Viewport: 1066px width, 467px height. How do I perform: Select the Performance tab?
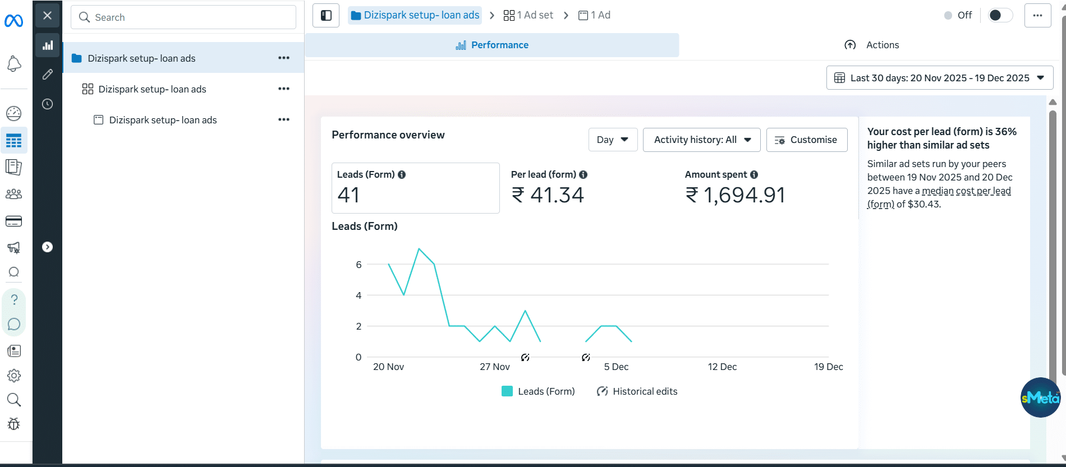(x=492, y=45)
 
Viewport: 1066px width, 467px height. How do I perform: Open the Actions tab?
(x=872, y=45)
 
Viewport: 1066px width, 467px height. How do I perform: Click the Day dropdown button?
(x=613, y=140)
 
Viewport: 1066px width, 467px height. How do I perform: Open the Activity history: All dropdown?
(x=701, y=140)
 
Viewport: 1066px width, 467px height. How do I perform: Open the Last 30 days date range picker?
(x=940, y=78)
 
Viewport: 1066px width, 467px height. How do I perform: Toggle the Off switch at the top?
(x=1000, y=15)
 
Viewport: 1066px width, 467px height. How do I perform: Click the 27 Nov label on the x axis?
(x=495, y=367)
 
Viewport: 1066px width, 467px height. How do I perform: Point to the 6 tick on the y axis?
(x=359, y=265)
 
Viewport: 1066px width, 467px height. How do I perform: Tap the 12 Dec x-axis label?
(x=722, y=367)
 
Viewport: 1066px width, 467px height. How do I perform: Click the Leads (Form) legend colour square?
(x=507, y=391)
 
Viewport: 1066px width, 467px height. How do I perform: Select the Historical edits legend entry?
(x=637, y=391)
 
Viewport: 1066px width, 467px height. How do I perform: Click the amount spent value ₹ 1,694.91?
(x=736, y=195)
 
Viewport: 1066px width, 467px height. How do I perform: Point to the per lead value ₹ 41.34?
(x=548, y=195)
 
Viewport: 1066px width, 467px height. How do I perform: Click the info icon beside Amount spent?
(x=754, y=175)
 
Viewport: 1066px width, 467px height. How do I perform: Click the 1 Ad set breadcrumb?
(x=529, y=15)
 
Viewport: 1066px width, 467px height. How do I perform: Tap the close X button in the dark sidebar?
(x=48, y=16)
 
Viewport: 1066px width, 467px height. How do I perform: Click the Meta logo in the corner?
(x=13, y=21)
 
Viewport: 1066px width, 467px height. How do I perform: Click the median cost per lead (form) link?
(x=966, y=191)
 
